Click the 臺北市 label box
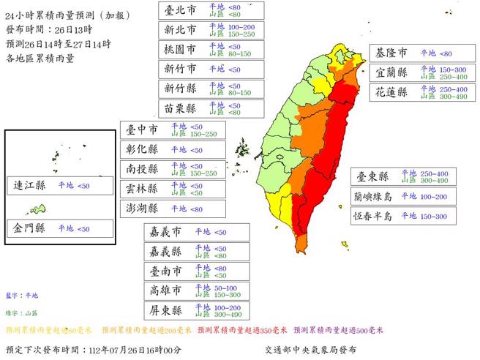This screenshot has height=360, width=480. pyautogui.click(x=180, y=10)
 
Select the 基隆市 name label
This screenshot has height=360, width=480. pyautogui.click(x=392, y=54)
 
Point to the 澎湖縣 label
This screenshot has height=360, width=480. pyautogui.click(x=143, y=208)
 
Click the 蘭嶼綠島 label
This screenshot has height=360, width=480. pyautogui.click(x=373, y=196)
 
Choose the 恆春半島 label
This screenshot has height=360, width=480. pyautogui.click(x=373, y=217)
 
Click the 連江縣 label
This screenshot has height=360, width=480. pyautogui.click(x=30, y=186)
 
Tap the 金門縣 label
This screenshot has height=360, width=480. pyautogui.click(x=30, y=228)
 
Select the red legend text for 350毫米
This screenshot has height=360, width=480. pyautogui.click(x=241, y=329)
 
